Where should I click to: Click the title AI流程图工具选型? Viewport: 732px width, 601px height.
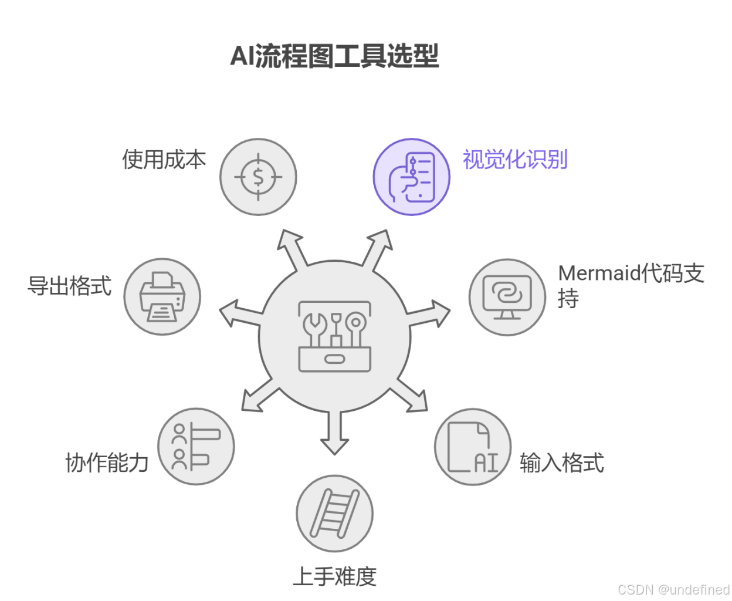(x=334, y=56)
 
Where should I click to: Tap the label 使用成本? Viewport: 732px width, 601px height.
(x=164, y=160)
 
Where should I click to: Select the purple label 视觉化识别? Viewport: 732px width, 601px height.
(x=515, y=160)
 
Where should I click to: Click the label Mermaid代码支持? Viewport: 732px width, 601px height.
(x=631, y=285)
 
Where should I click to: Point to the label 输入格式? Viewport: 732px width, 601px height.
(x=561, y=462)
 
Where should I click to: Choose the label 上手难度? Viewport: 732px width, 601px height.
(x=334, y=576)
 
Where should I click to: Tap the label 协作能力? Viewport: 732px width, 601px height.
(x=107, y=462)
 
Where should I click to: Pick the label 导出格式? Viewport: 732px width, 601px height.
(x=69, y=286)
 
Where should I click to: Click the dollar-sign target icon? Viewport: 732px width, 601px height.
(x=258, y=177)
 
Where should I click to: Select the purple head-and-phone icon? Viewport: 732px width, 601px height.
(x=412, y=177)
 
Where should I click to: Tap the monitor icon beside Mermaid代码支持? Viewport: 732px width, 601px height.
(x=507, y=297)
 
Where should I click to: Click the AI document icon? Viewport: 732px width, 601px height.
(x=473, y=447)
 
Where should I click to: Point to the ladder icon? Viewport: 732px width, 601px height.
(x=334, y=514)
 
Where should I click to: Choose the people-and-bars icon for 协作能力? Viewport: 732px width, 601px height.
(x=196, y=447)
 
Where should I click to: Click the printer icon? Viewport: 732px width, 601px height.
(x=162, y=297)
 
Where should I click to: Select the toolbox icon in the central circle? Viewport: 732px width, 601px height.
(x=334, y=336)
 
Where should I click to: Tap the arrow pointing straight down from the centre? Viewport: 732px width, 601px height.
(x=335, y=434)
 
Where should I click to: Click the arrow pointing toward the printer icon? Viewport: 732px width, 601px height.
(x=238, y=313)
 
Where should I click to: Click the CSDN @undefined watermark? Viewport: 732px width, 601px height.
(x=673, y=589)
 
